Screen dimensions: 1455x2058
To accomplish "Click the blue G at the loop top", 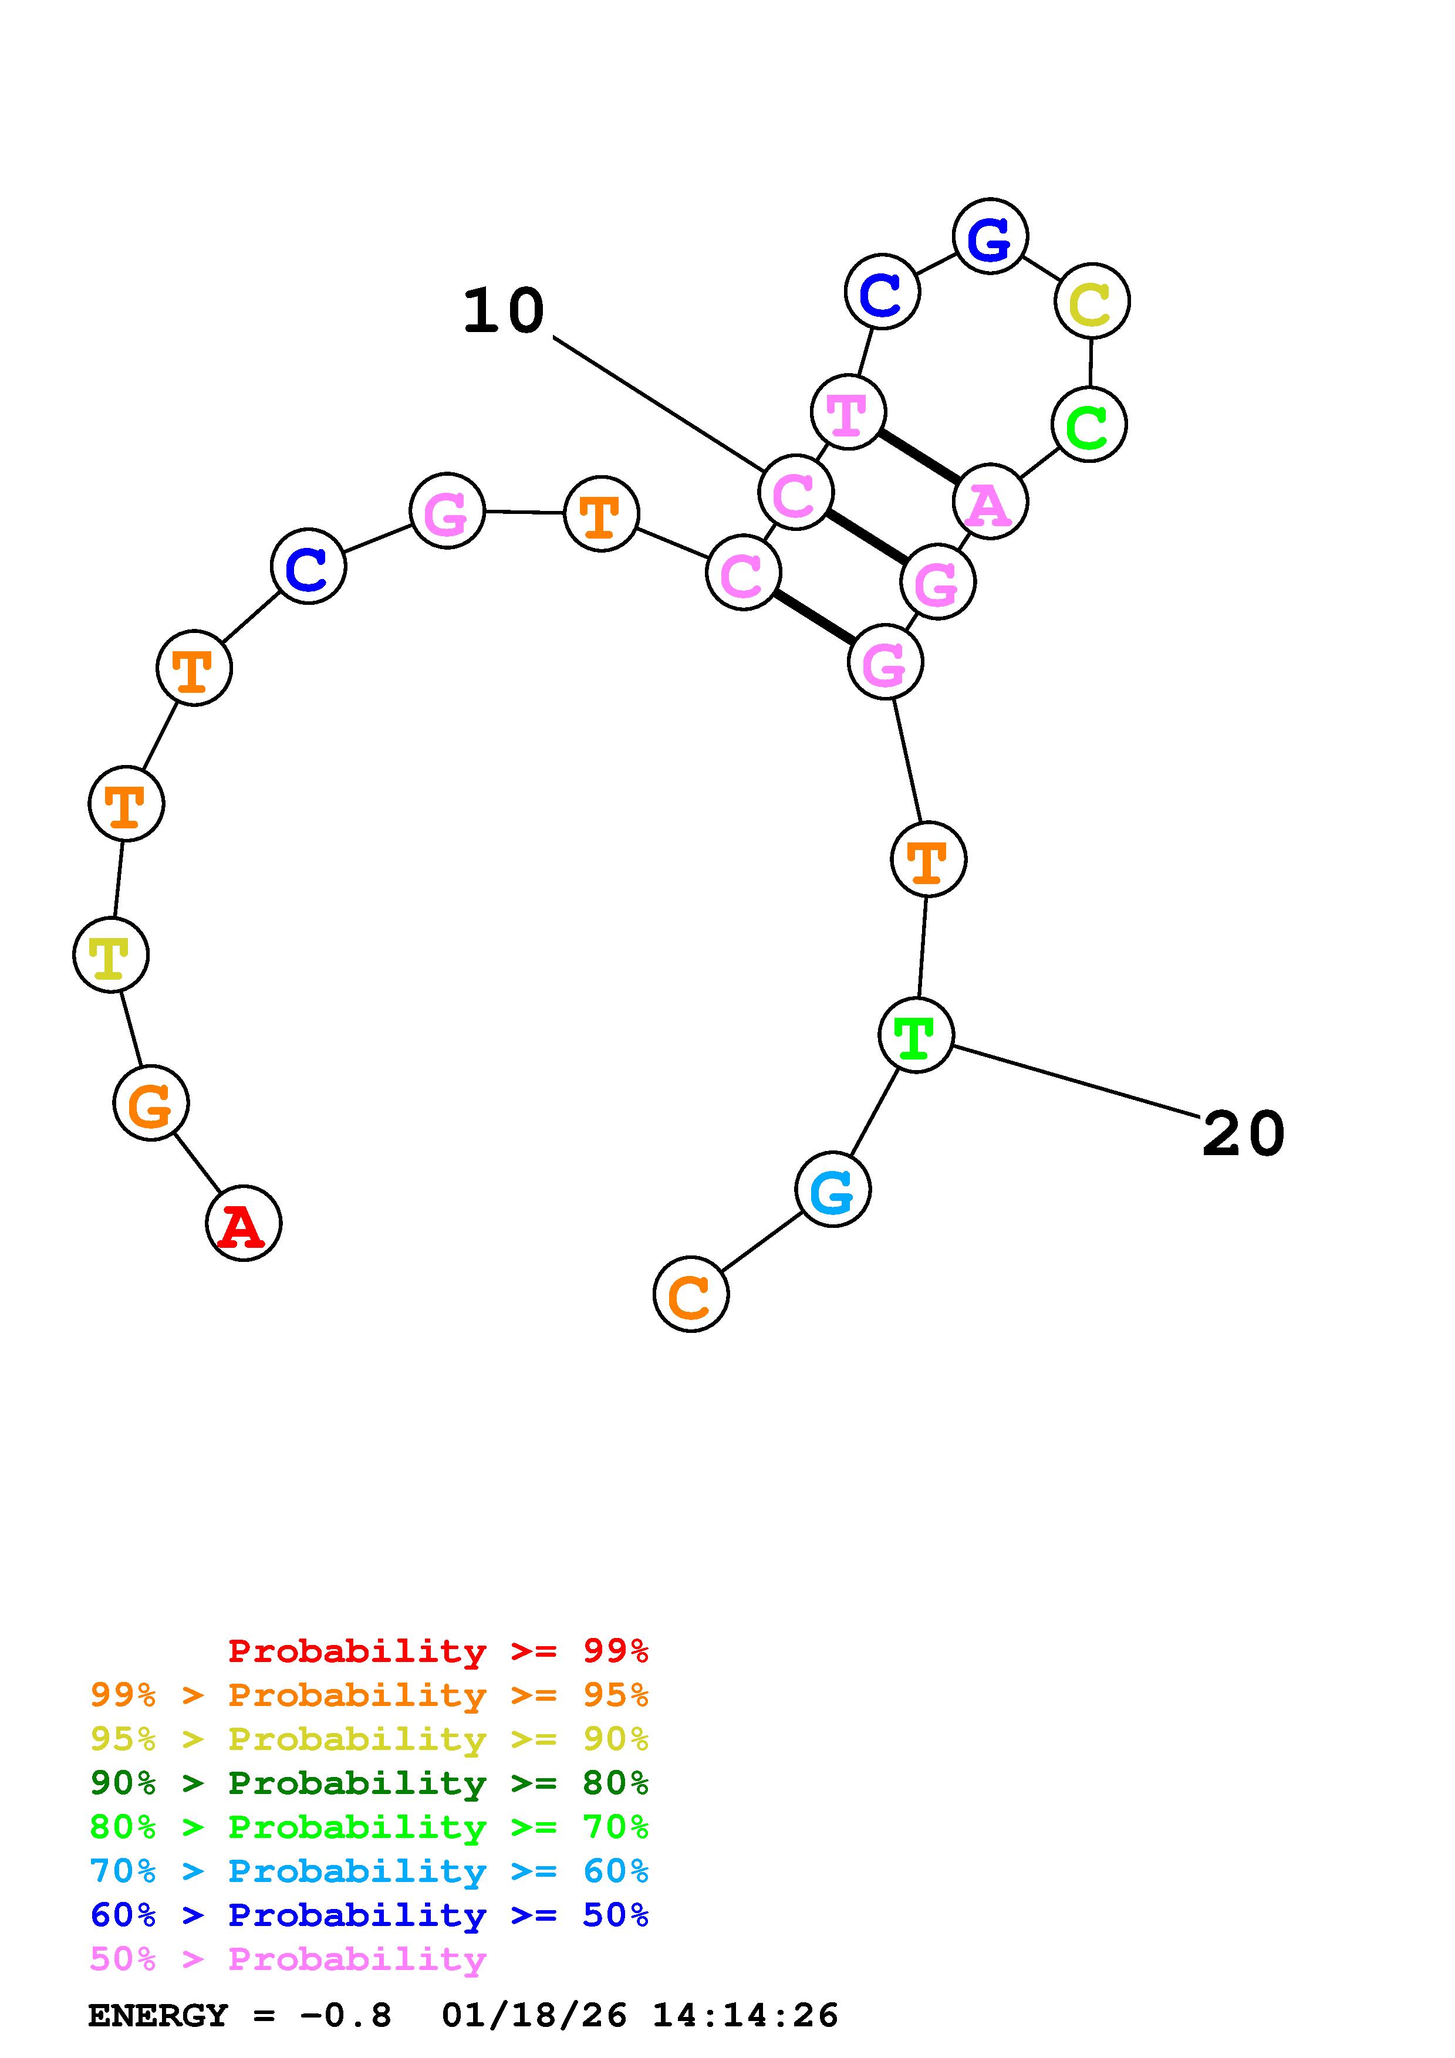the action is coord(990,236).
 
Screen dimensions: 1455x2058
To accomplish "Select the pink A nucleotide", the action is coord(990,502).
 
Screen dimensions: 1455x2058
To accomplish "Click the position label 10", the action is coord(503,311).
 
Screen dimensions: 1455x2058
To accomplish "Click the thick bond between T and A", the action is coord(919,457).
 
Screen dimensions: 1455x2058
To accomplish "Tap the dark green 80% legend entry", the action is coord(369,1783).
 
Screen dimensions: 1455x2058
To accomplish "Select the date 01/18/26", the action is coord(534,2015).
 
